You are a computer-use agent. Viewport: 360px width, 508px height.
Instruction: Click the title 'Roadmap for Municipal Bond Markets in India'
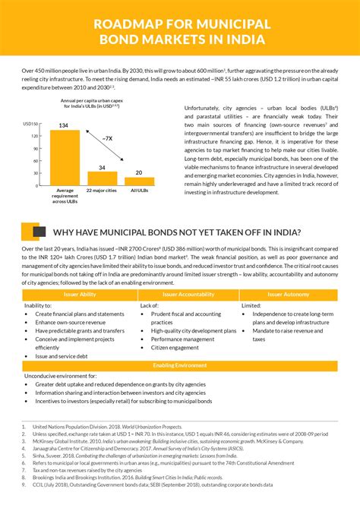coord(179,31)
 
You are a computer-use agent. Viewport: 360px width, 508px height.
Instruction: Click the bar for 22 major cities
coord(102,178)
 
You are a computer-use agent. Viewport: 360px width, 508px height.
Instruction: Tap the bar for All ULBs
coord(139,181)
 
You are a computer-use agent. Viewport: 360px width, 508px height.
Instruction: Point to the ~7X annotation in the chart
coord(109,138)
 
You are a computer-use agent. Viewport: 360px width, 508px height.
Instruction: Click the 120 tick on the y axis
coord(35,136)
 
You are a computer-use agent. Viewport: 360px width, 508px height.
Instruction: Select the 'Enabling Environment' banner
coord(180,366)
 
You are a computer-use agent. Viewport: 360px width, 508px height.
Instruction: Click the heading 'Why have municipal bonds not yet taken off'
coord(176,232)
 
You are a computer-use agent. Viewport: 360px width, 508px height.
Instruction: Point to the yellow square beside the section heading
coord(30,231)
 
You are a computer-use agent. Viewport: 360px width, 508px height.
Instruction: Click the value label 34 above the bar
coord(102,166)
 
